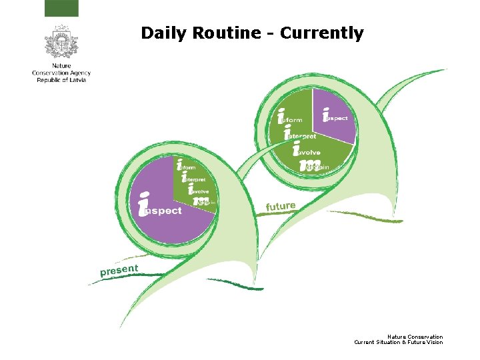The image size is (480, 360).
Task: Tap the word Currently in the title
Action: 322,33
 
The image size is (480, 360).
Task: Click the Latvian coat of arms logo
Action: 61,42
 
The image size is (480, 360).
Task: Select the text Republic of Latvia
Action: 61,80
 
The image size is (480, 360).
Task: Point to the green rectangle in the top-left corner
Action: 61,8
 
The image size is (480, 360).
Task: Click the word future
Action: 281,207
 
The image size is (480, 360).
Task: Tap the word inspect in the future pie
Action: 335,117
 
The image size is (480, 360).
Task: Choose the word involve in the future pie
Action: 309,151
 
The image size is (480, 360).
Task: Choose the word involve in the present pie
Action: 199,191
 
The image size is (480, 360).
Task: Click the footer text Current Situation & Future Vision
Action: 398,342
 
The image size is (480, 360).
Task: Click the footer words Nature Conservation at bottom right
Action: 415,337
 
